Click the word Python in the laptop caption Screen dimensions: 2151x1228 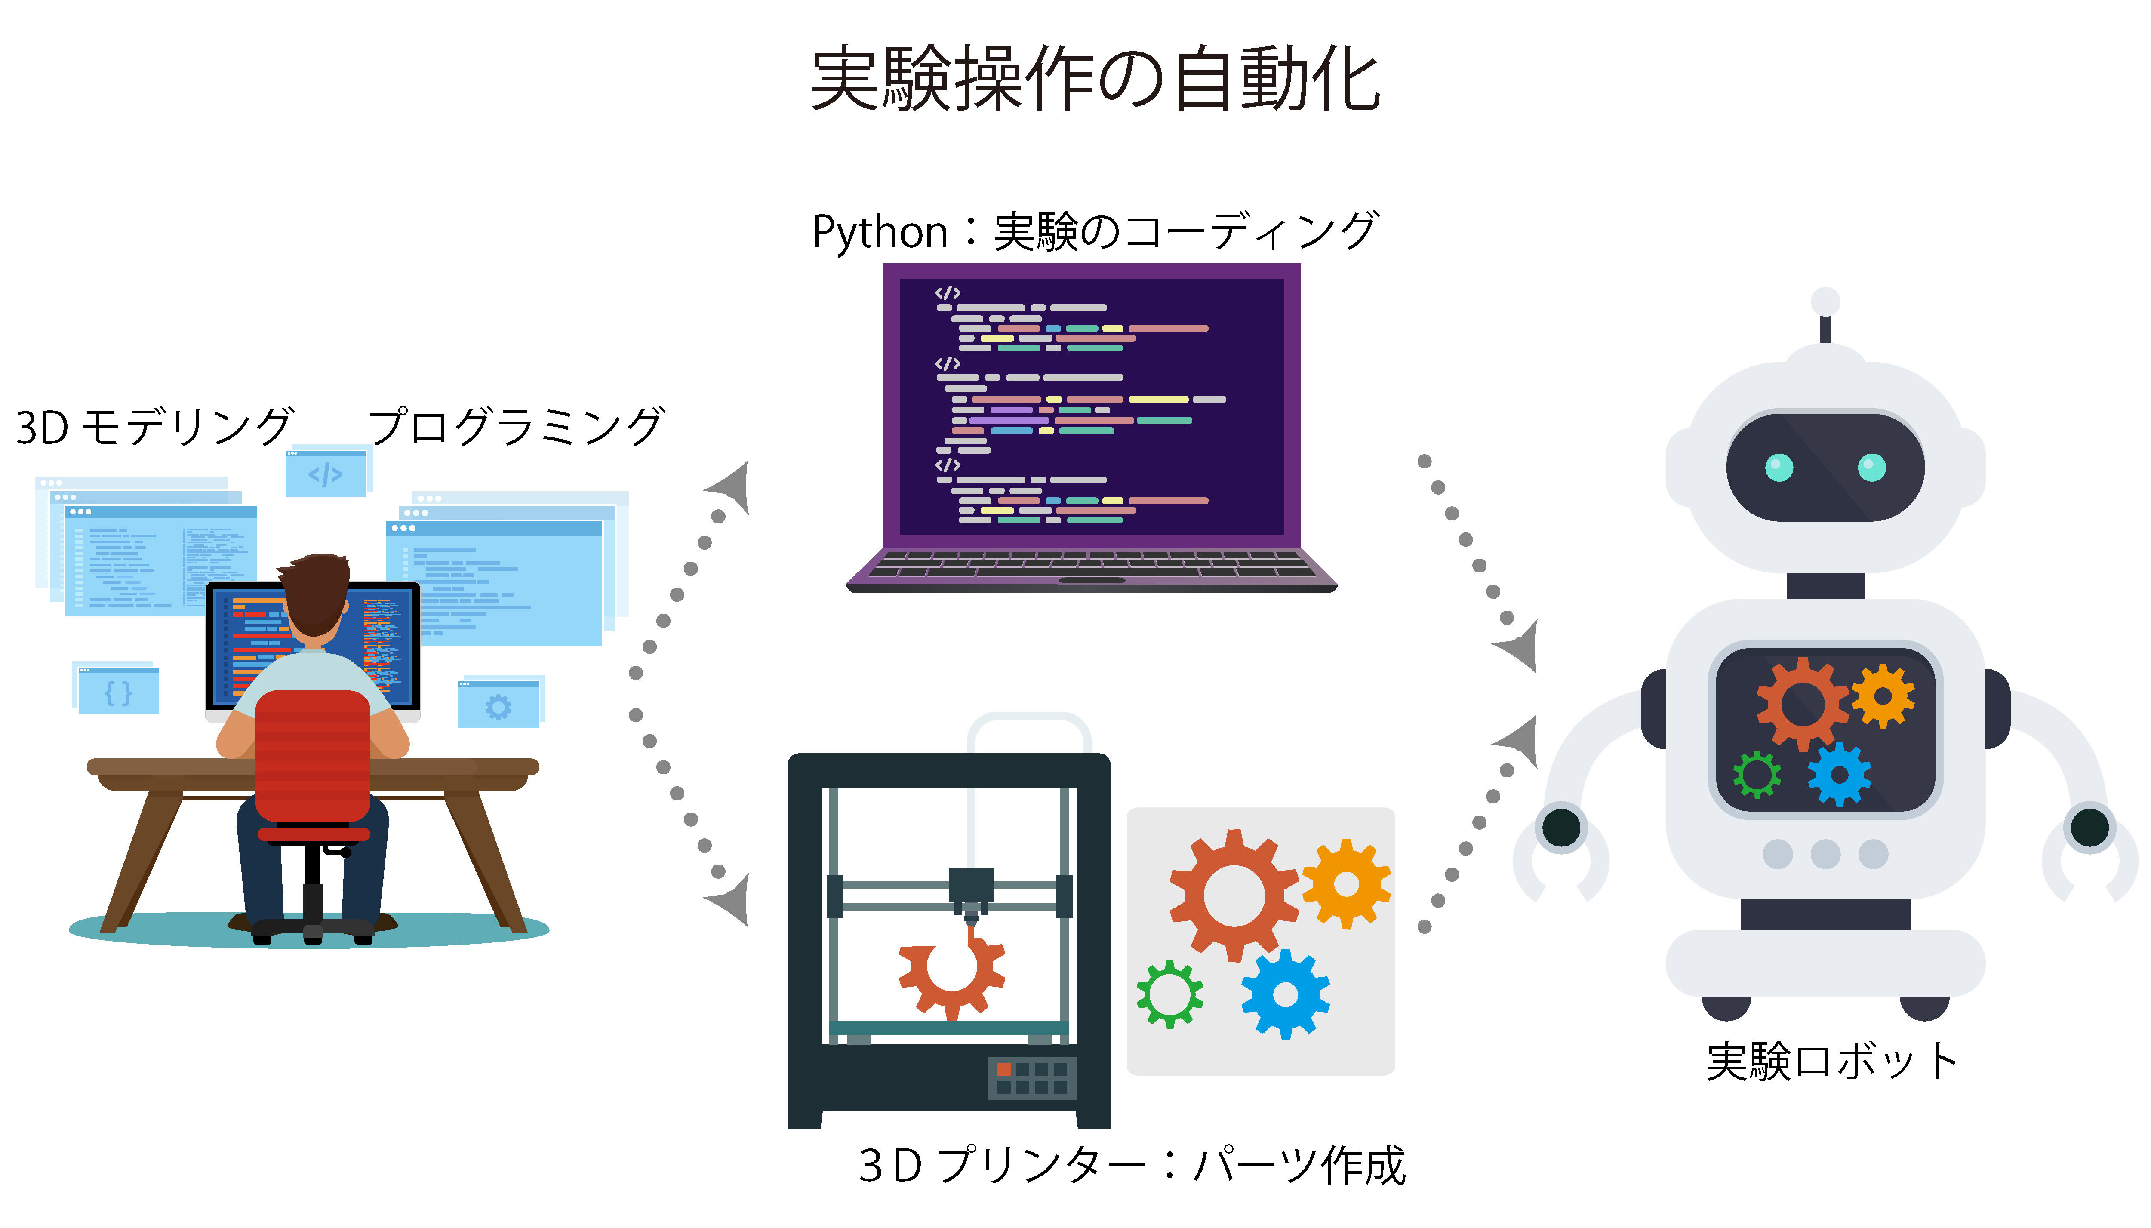tap(880, 233)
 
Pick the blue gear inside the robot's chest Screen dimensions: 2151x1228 tap(1839, 774)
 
